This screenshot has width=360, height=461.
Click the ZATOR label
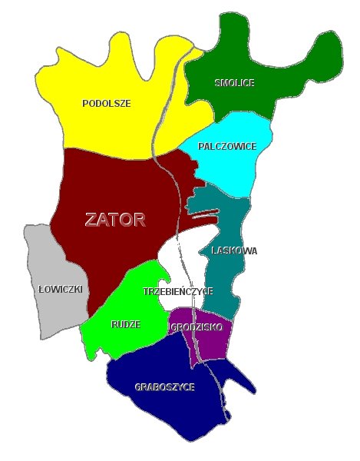coord(115,220)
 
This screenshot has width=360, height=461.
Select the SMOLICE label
coord(235,82)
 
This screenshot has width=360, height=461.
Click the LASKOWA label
coord(233,250)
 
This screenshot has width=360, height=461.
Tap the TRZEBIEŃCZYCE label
coord(178,292)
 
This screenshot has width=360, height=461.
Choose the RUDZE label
coord(126,324)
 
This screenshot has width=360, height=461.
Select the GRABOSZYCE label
coord(164,386)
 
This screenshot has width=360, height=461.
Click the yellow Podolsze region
coord(115,123)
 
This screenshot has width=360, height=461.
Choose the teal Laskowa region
coord(226,284)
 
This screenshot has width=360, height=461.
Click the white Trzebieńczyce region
coord(184,265)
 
